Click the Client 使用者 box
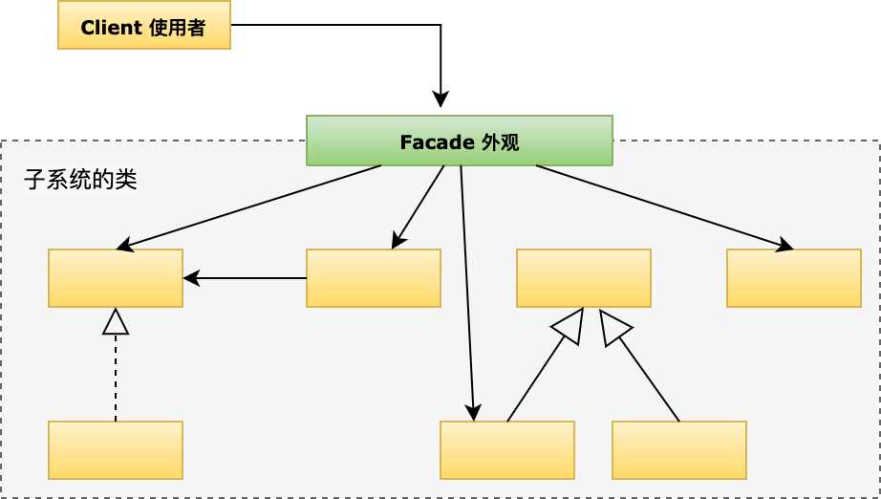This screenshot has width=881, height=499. click(144, 25)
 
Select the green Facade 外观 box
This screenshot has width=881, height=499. click(459, 141)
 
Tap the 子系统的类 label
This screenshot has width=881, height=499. click(80, 180)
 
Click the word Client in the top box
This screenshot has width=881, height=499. click(113, 28)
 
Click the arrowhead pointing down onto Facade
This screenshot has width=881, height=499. click(440, 99)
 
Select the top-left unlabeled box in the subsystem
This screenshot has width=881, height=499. click(116, 278)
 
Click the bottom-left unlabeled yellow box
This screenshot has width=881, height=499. click(116, 450)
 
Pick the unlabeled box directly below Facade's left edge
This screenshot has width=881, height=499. click(374, 278)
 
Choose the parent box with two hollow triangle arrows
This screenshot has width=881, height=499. click(584, 278)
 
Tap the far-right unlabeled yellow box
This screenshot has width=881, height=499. click(794, 278)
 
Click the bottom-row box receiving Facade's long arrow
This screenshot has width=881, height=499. click(507, 450)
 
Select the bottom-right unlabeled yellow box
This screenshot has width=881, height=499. click(679, 450)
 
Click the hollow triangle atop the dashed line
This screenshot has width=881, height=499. click(116, 322)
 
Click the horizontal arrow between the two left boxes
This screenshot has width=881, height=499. click(245, 278)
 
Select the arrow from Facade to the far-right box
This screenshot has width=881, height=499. click(664, 207)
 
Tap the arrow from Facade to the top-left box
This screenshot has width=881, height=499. click(248, 207)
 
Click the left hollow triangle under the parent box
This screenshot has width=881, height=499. click(569, 325)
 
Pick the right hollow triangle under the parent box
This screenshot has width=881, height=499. click(613, 326)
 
